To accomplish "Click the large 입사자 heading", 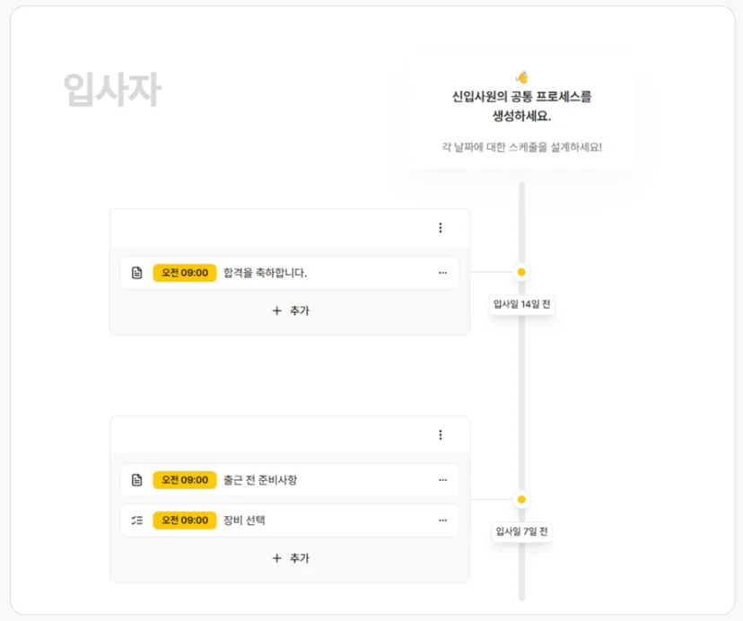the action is pyautogui.click(x=112, y=90).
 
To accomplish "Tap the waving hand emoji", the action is pyautogui.click(x=521, y=77).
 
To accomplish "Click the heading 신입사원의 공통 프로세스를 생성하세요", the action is pyautogui.click(x=521, y=106).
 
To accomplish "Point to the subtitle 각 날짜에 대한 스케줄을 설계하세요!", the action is pyautogui.click(x=521, y=147).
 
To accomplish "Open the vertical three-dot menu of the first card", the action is pyautogui.click(x=441, y=228).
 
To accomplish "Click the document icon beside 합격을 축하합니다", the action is pyautogui.click(x=137, y=273).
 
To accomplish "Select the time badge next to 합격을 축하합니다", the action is pyautogui.click(x=185, y=273).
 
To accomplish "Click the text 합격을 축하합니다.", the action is pyautogui.click(x=266, y=273).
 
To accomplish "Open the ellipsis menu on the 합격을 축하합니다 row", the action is pyautogui.click(x=443, y=273).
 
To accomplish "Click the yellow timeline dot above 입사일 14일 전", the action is pyautogui.click(x=521, y=272).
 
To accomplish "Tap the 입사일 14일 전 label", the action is pyautogui.click(x=521, y=304).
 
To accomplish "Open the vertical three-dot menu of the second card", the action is pyautogui.click(x=441, y=435).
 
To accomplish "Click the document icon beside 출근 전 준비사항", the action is pyautogui.click(x=137, y=480).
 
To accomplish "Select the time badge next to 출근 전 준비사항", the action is pyautogui.click(x=185, y=480).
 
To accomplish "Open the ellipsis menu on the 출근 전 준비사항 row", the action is pyautogui.click(x=443, y=480).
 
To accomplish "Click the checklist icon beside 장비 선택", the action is pyautogui.click(x=137, y=520).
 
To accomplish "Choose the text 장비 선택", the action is pyautogui.click(x=244, y=520).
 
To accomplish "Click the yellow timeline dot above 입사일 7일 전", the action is pyautogui.click(x=521, y=500).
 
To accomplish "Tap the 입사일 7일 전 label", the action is pyautogui.click(x=521, y=531).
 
